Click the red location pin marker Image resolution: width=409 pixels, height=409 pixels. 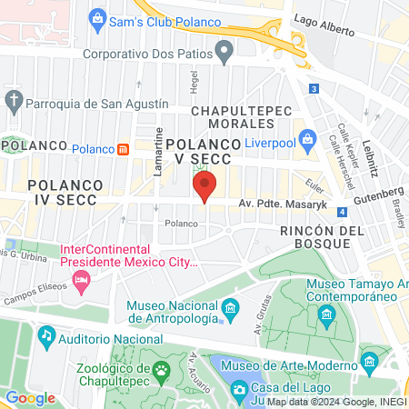204,188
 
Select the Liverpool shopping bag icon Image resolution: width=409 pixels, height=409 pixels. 308,140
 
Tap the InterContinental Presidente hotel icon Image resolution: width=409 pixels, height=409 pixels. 82,282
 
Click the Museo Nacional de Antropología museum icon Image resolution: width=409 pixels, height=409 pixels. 230,309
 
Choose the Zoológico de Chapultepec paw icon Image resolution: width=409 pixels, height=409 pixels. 162,369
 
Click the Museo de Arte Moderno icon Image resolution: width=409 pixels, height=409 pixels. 368,363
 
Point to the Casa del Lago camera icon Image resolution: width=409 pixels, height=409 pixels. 239,390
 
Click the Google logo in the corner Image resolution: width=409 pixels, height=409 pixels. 30,397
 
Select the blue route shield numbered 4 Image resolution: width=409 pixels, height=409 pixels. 341,212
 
